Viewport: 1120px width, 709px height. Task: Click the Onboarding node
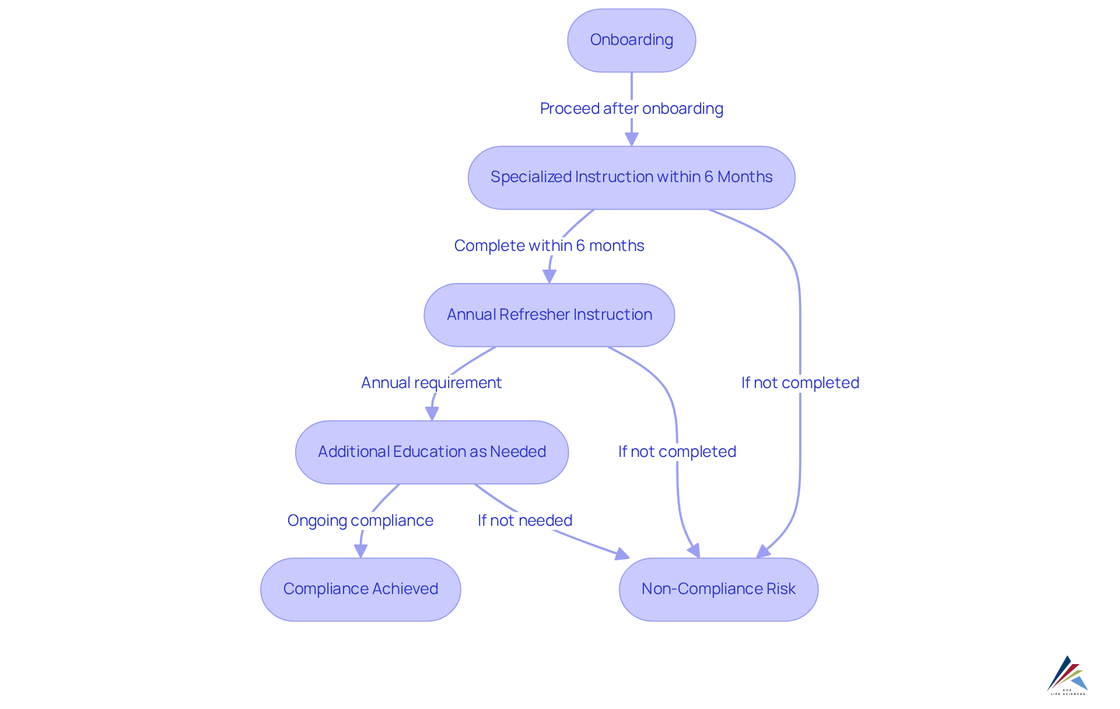click(631, 40)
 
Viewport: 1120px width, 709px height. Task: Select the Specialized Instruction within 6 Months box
click(631, 177)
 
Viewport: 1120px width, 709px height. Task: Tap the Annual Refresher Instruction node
click(549, 315)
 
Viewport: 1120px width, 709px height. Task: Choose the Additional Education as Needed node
click(432, 452)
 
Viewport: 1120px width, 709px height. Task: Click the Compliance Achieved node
click(360, 589)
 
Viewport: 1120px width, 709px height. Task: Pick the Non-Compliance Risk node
click(718, 589)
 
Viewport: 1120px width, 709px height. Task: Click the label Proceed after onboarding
click(631, 109)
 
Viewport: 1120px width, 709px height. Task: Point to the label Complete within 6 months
click(549, 246)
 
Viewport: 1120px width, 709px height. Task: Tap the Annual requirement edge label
click(431, 383)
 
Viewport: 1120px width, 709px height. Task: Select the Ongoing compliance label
click(360, 521)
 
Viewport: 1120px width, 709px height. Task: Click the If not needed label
click(524, 521)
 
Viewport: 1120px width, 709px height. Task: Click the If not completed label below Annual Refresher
click(677, 452)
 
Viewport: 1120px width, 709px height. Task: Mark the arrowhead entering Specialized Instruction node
click(631, 139)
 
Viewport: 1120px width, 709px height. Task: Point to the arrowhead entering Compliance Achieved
click(360, 551)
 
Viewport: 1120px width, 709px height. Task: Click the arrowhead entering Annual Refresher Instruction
click(549, 276)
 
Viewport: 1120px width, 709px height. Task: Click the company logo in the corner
click(1067, 675)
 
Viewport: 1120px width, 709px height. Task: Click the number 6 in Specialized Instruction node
click(708, 177)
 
